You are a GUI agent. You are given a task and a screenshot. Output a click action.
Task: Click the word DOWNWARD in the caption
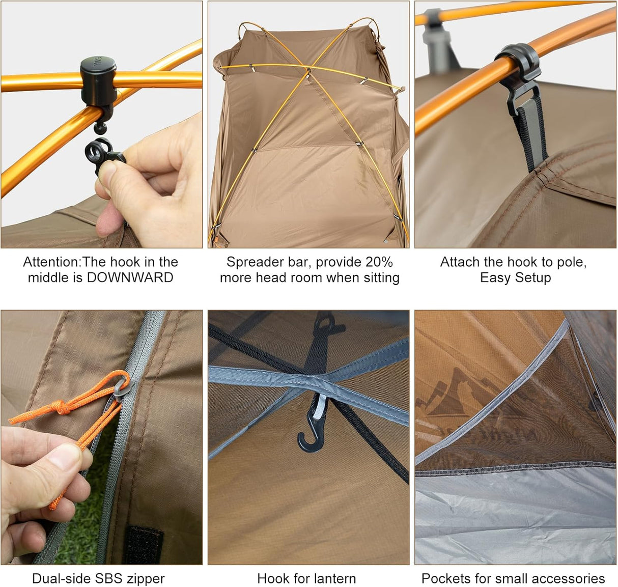(130, 277)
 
